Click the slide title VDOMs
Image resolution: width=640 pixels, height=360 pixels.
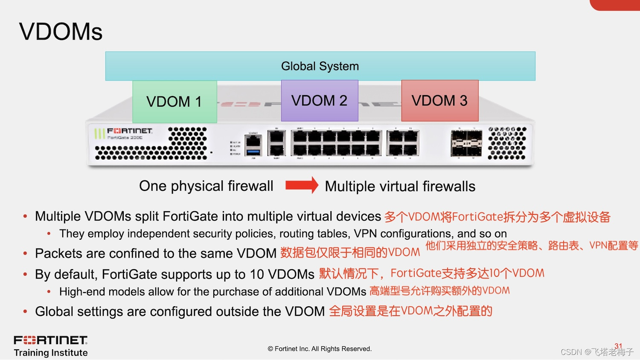61,32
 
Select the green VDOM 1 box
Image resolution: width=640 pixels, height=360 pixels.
175,102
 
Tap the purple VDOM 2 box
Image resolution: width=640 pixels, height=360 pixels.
320,101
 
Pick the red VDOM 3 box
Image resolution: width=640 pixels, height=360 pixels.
439,101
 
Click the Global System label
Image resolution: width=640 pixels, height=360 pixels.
320,66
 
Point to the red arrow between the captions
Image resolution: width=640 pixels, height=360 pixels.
302,185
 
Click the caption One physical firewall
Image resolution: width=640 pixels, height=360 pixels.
206,186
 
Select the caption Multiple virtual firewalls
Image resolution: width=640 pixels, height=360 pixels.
400,186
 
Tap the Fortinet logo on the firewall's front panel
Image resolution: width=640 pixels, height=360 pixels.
129,131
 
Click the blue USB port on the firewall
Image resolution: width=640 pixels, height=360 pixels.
253,151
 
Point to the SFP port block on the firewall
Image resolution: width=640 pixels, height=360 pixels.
466,143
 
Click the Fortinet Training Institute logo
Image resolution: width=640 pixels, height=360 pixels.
51,346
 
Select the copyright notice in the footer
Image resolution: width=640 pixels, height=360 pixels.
320,349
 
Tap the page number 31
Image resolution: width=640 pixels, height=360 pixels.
618,346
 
